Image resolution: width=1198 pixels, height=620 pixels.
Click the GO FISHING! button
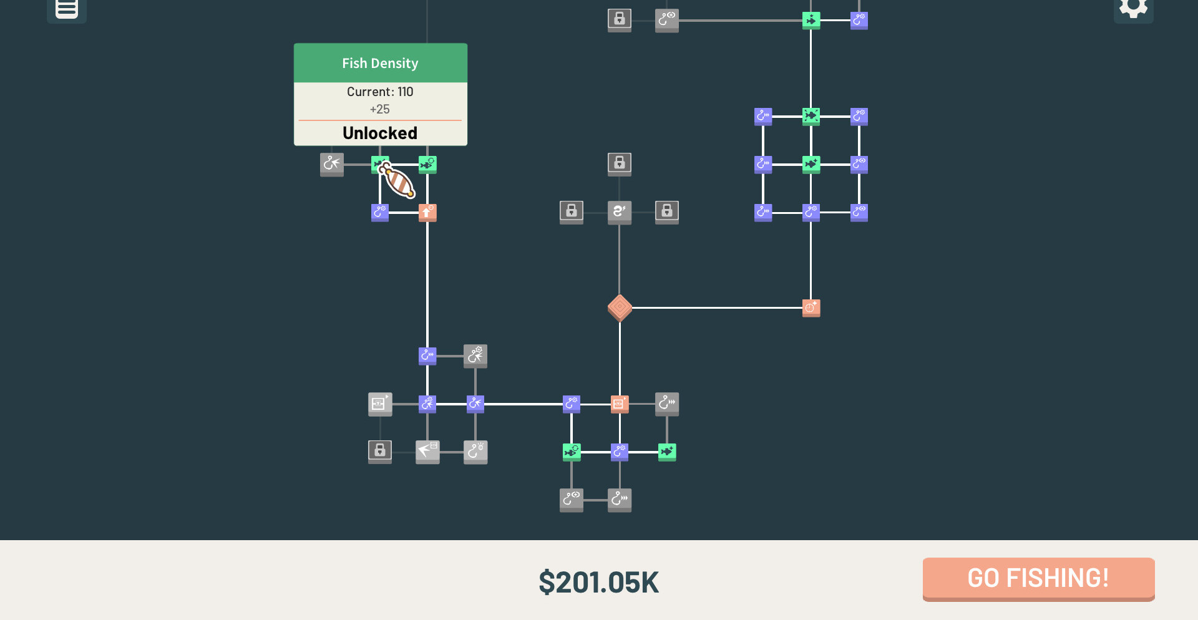[x=1038, y=578]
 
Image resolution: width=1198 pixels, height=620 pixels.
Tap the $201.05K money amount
[x=598, y=582]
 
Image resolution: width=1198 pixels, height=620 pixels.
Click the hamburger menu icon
[x=67, y=9]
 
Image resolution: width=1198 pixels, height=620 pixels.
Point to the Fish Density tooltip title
[x=380, y=63]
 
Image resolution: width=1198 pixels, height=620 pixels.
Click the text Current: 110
[x=380, y=92]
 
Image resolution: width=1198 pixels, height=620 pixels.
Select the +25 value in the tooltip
[x=379, y=109]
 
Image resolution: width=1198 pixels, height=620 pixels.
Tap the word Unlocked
[x=380, y=133]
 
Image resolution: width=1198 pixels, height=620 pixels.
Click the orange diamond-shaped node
[x=620, y=308]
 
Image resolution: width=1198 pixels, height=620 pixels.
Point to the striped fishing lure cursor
[x=398, y=181]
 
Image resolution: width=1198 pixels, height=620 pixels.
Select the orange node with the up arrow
[x=427, y=212]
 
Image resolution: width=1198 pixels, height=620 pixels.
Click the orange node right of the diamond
[x=811, y=308]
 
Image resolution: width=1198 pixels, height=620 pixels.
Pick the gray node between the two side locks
[x=619, y=211]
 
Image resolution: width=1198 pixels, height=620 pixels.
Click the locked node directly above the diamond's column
[x=619, y=163]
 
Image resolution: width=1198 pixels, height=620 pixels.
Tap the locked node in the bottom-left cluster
[x=380, y=450]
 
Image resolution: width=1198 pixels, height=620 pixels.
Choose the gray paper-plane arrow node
[x=427, y=450]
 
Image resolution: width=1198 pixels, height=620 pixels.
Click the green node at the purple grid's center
[x=811, y=164]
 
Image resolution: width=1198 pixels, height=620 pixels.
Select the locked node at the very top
[x=619, y=19]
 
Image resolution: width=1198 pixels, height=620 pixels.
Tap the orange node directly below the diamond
[x=619, y=404]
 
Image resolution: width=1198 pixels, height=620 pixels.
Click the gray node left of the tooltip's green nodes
[x=331, y=164]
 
